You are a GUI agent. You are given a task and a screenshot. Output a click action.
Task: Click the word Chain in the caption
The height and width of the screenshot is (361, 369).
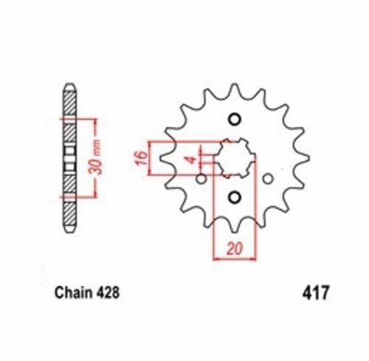72,292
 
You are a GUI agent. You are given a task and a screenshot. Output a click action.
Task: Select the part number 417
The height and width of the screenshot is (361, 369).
315,293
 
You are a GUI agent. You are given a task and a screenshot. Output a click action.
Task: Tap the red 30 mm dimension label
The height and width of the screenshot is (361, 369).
95,158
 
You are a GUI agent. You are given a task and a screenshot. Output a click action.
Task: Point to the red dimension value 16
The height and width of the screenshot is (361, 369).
141,158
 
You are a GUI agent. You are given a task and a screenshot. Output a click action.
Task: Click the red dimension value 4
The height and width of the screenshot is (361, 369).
192,159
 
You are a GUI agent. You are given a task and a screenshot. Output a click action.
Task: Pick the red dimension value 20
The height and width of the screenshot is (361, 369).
235,248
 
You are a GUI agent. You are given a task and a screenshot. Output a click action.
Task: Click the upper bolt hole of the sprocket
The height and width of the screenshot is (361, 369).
235,120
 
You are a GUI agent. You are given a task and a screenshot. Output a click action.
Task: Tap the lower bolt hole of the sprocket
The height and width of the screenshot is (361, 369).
235,197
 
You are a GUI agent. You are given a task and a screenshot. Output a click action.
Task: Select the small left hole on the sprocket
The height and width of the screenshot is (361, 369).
201,179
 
